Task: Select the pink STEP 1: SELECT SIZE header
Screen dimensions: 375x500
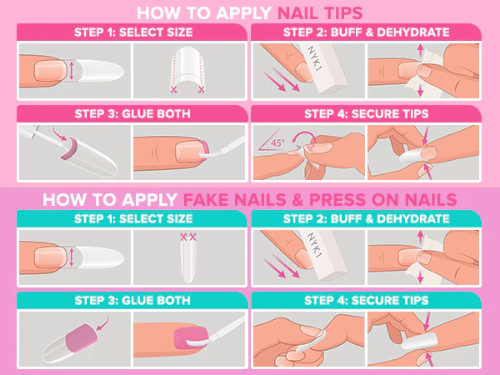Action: [x=132, y=32]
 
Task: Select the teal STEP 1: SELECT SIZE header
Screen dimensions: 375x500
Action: [x=132, y=219]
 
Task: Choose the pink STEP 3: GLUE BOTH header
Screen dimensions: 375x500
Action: [x=132, y=112]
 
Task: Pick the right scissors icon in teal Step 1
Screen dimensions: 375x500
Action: [x=196, y=237]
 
